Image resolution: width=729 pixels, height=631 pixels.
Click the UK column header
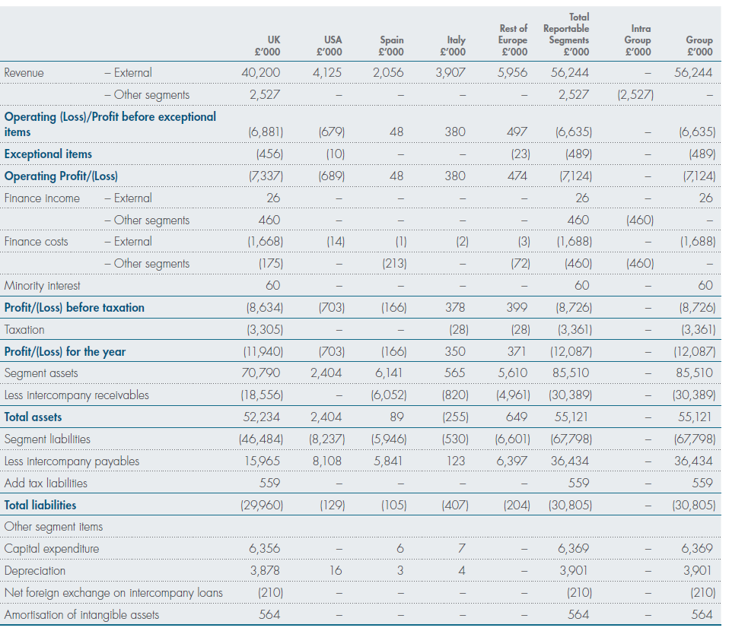click(x=267, y=46)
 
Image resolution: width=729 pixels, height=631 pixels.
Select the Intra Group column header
click(x=638, y=40)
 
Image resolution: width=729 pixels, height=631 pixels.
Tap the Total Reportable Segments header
click(x=566, y=34)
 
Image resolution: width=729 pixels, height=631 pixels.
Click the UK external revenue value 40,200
click(x=261, y=72)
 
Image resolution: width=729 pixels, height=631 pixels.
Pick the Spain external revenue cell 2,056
click(x=388, y=72)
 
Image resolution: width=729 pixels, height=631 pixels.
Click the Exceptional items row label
click(x=49, y=154)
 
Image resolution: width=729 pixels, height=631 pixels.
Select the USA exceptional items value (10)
click(x=336, y=154)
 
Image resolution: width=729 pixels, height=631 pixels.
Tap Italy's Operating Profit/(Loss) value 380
click(x=455, y=176)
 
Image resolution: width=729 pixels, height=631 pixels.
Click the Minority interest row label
click(x=43, y=285)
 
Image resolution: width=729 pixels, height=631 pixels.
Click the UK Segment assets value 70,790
click(x=261, y=373)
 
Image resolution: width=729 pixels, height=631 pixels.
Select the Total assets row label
click(x=33, y=417)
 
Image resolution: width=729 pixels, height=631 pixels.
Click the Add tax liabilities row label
click(x=46, y=484)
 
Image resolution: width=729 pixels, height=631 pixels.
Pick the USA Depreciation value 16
click(x=336, y=570)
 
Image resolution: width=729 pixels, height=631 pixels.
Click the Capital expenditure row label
click(x=52, y=549)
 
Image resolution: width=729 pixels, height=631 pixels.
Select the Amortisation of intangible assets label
click(x=82, y=615)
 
